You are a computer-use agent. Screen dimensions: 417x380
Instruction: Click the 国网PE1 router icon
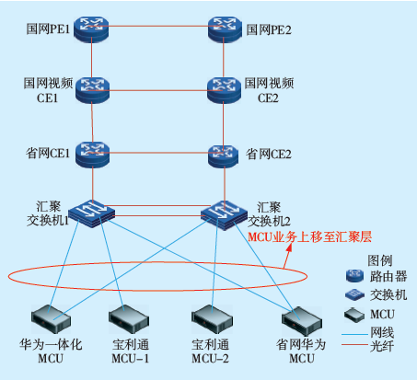(91, 29)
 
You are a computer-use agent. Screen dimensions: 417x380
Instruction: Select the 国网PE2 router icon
(224, 29)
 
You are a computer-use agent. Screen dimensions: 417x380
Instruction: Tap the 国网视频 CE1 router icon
(92, 90)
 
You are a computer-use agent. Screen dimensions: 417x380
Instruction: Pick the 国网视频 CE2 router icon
(224, 90)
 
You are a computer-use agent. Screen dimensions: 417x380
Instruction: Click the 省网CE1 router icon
(92, 155)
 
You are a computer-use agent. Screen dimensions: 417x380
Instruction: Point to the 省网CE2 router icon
(224, 156)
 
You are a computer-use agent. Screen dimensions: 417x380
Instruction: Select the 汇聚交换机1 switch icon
(91, 213)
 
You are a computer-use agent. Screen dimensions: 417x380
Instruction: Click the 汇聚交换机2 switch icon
(224, 215)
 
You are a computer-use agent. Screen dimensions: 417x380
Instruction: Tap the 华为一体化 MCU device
(52, 319)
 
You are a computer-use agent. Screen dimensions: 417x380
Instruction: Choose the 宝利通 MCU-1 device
(129, 319)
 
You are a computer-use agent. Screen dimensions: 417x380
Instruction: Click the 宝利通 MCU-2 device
(212, 319)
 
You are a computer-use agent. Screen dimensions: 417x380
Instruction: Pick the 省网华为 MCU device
(302, 321)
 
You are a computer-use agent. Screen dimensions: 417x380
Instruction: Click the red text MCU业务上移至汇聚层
(309, 236)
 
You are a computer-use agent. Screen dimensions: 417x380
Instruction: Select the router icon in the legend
(354, 276)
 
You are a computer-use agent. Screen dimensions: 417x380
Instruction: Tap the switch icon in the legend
(354, 294)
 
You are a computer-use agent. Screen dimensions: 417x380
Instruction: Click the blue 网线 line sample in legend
(354, 334)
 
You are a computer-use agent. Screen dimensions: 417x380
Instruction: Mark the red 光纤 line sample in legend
(354, 345)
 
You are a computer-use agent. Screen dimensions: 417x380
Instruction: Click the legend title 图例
(380, 260)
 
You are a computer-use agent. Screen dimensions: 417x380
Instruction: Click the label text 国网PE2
(269, 29)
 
